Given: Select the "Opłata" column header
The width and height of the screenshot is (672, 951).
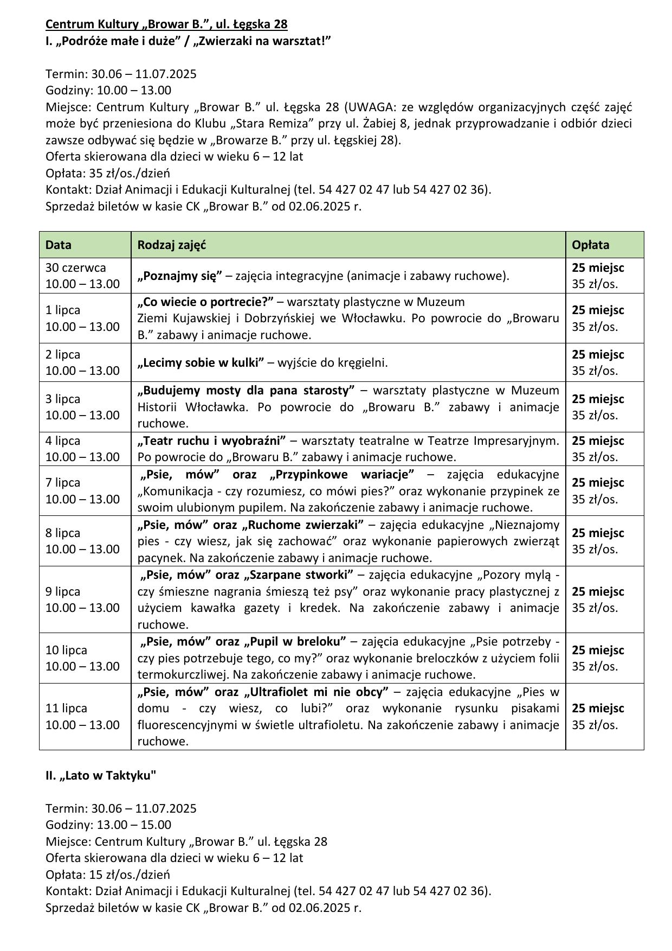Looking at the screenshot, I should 590,245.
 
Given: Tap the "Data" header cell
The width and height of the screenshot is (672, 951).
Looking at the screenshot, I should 59,245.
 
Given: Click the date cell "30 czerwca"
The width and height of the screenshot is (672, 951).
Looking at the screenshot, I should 76,267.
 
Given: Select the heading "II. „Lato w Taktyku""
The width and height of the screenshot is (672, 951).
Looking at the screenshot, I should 101,775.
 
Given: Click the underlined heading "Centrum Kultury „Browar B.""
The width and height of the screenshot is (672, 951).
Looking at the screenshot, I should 166,24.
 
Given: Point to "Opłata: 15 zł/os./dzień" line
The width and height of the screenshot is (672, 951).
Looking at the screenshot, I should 108,875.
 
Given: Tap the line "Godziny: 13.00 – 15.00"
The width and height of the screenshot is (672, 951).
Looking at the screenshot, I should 108,825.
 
